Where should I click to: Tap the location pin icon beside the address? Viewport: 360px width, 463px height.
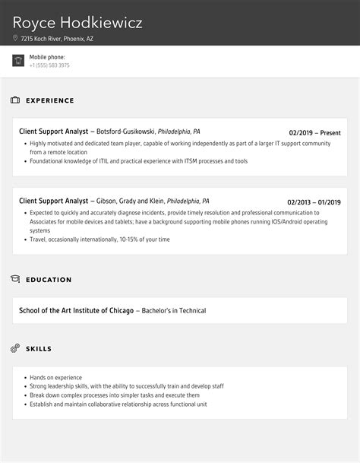(x=15, y=38)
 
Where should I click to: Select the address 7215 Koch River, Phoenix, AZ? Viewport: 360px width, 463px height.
(x=57, y=38)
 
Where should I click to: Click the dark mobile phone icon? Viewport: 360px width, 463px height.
(x=18, y=61)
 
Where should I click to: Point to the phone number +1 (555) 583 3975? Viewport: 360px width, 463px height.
(x=49, y=65)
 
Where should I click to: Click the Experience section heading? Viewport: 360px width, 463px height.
(x=50, y=100)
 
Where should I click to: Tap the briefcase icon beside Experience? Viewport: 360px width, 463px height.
(x=15, y=100)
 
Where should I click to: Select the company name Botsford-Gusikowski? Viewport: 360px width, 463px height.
(x=125, y=132)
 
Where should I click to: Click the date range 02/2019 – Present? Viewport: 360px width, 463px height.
(x=314, y=132)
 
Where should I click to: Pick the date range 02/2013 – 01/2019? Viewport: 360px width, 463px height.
(x=314, y=202)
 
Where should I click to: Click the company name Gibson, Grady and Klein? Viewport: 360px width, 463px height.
(x=130, y=201)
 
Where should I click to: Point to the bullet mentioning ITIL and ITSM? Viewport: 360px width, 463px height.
(x=139, y=161)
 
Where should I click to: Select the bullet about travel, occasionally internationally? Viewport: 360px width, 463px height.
(x=100, y=239)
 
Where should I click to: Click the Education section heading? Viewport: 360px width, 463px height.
(x=49, y=280)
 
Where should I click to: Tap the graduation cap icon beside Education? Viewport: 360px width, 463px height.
(x=15, y=280)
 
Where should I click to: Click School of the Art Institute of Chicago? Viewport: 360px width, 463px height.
(x=76, y=310)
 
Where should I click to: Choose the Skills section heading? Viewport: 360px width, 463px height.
(x=39, y=349)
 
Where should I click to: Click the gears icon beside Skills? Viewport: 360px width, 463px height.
(x=15, y=349)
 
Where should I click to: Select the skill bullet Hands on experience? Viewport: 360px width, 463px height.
(x=56, y=377)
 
